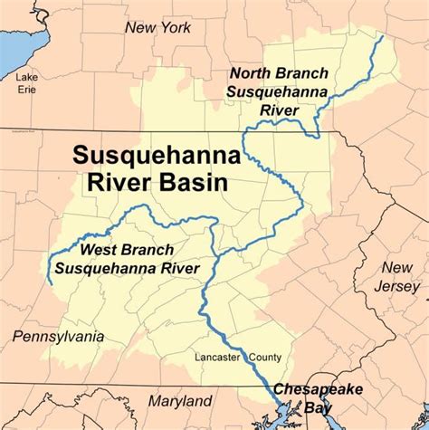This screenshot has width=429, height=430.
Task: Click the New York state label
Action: click(158, 28)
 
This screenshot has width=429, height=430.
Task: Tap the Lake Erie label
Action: click(26, 83)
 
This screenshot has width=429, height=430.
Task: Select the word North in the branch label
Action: click(251, 73)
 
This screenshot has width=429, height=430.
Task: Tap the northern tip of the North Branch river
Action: click(382, 38)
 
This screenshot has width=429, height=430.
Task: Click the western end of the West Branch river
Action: click(50, 283)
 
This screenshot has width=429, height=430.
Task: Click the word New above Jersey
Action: click(396, 268)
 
